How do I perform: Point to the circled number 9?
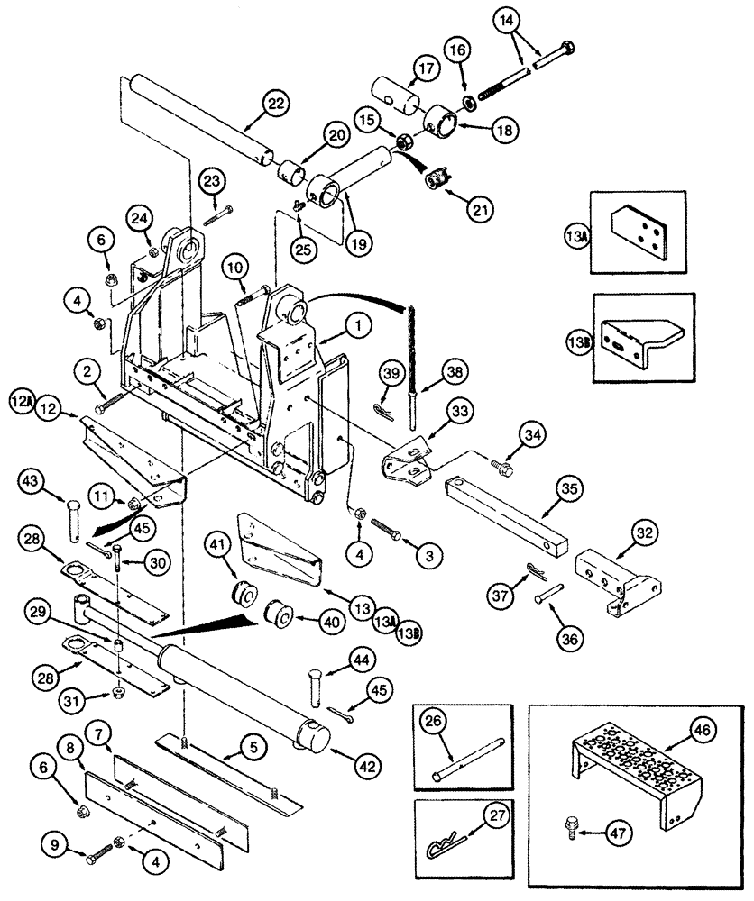55,847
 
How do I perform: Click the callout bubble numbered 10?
234,268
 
